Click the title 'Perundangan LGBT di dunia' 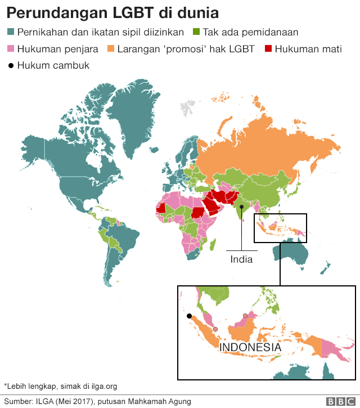(112, 12)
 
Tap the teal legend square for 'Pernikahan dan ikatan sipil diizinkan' (10, 33)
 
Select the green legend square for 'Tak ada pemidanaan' (196, 33)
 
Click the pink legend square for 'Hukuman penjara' (10, 49)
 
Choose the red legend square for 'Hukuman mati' (268, 49)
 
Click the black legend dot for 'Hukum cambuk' (10, 65)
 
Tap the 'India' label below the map (241, 259)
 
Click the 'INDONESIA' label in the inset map (250, 347)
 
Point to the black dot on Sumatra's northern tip (190, 316)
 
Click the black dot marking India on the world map (241, 207)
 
